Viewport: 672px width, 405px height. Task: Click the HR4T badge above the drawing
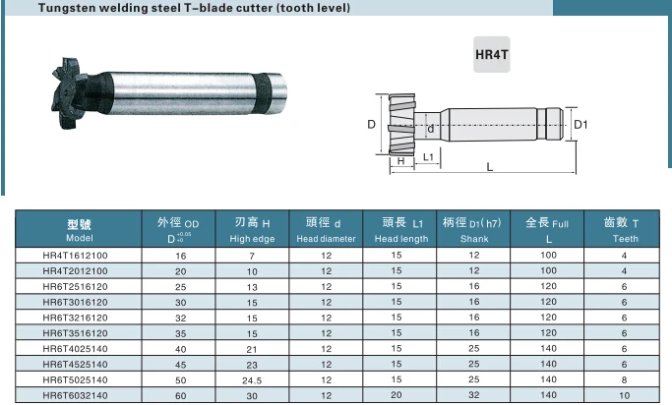[492, 54]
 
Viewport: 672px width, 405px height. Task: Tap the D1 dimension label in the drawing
[580, 125]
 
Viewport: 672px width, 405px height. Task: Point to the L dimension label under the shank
[490, 166]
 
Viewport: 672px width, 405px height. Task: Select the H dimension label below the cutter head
[401, 161]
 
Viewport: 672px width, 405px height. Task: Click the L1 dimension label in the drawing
[428, 157]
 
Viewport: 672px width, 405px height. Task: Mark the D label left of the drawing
[372, 124]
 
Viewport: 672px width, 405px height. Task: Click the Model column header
[79, 229]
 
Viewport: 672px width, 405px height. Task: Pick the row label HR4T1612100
[76, 256]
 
